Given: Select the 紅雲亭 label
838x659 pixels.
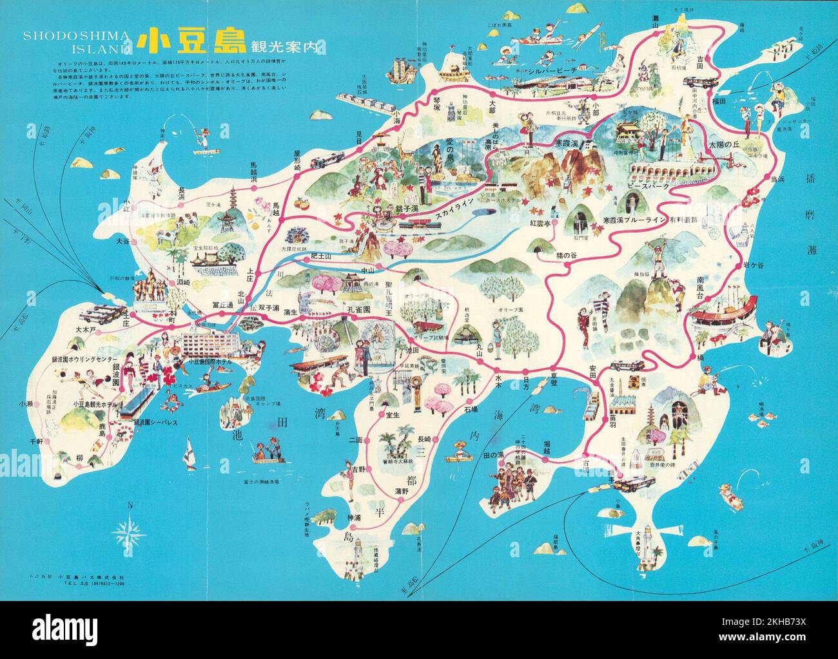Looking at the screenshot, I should (540, 223).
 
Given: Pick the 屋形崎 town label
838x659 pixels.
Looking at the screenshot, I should (297, 157).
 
